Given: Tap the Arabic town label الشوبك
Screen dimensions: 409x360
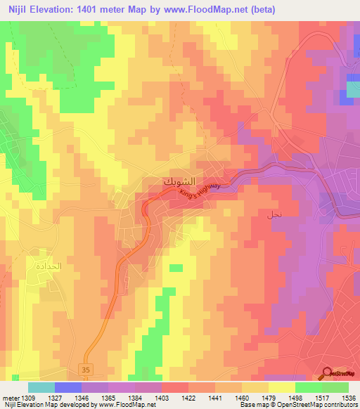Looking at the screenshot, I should click(x=179, y=181).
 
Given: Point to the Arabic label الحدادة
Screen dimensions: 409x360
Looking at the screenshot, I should click(x=41, y=267).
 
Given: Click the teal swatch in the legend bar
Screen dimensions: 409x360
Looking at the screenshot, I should click(x=41, y=387).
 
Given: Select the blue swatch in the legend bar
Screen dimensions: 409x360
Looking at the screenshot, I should click(x=67, y=387).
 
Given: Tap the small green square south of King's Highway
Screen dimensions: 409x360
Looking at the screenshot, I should click(x=176, y=268).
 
